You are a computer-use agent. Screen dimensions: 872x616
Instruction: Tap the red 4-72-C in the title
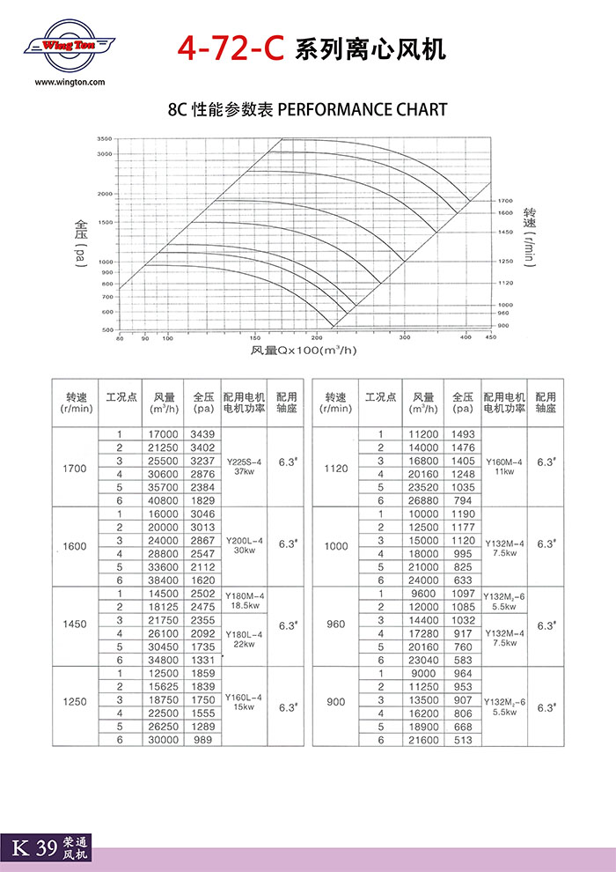pyautogui.click(x=230, y=48)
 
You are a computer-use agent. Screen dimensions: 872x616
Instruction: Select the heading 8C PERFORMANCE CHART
pyautogui.click(x=307, y=110)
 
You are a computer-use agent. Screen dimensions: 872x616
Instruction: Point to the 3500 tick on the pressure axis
pyautogui.click(x=105, y=139)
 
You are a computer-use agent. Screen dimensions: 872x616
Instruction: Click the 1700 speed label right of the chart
pyautogui.click(x=504, y=201)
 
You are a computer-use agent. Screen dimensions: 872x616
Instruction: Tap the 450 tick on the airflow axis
pyautogui.click(x=490, y=337)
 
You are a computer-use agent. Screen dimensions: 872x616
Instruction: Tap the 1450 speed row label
pyautogui.click(x=75, y=624)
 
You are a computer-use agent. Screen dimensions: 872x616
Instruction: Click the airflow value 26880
pyautogui.click(x=423, y=500)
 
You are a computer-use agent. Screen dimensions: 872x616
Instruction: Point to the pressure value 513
pyautogui.click(x=463, y=741)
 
